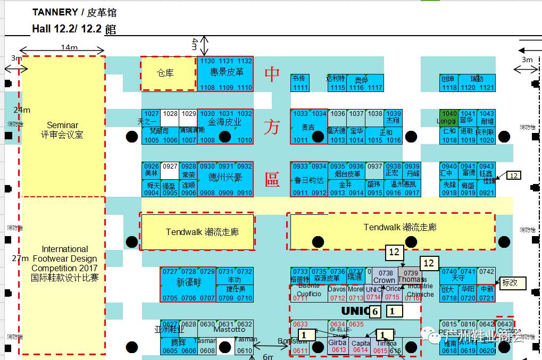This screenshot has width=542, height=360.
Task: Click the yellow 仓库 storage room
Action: pos(168,73)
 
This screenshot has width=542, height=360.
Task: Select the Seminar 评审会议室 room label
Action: pos(62,130)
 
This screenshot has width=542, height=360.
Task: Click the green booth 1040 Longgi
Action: pos(449,117)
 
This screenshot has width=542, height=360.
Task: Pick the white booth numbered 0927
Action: pos(170,166)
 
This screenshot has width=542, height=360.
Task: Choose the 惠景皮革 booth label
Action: pos(227,72)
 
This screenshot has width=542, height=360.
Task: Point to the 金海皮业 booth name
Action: pos(224,122)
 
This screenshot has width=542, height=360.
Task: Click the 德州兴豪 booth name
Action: pos(224,177)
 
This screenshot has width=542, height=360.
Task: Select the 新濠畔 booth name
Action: pos(188,282)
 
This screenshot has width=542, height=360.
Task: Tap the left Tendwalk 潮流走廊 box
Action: pos(197,232)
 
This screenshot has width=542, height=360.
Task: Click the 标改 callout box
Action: pos(513,283)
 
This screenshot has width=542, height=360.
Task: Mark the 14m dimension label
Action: pos(69,47)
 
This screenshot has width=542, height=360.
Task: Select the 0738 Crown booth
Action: pos(383,277)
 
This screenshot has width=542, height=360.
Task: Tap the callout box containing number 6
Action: pos(375,312)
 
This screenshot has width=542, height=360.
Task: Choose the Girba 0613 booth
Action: pos(338,346)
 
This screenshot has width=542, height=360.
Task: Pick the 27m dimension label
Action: pos(21,258)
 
